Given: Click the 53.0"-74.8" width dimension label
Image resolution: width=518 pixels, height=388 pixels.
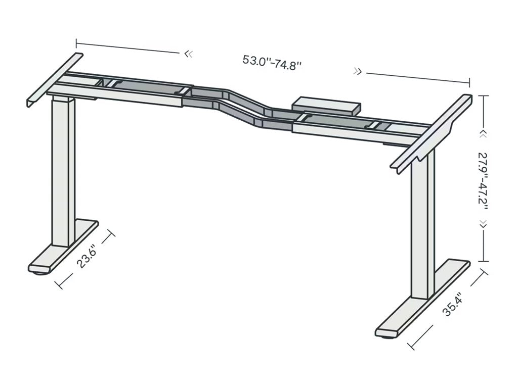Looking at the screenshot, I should coord(272,63).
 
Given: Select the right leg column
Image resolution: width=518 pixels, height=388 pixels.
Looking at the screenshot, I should coord(423,222).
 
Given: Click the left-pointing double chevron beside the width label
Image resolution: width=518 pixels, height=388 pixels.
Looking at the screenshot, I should coord(188,54).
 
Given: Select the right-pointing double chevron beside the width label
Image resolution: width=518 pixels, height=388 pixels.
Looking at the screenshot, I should coord(358,72).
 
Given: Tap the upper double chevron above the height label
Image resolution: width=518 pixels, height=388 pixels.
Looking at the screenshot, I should coord(483,133).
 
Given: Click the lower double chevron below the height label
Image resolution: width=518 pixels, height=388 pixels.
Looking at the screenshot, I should coord(483,224).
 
